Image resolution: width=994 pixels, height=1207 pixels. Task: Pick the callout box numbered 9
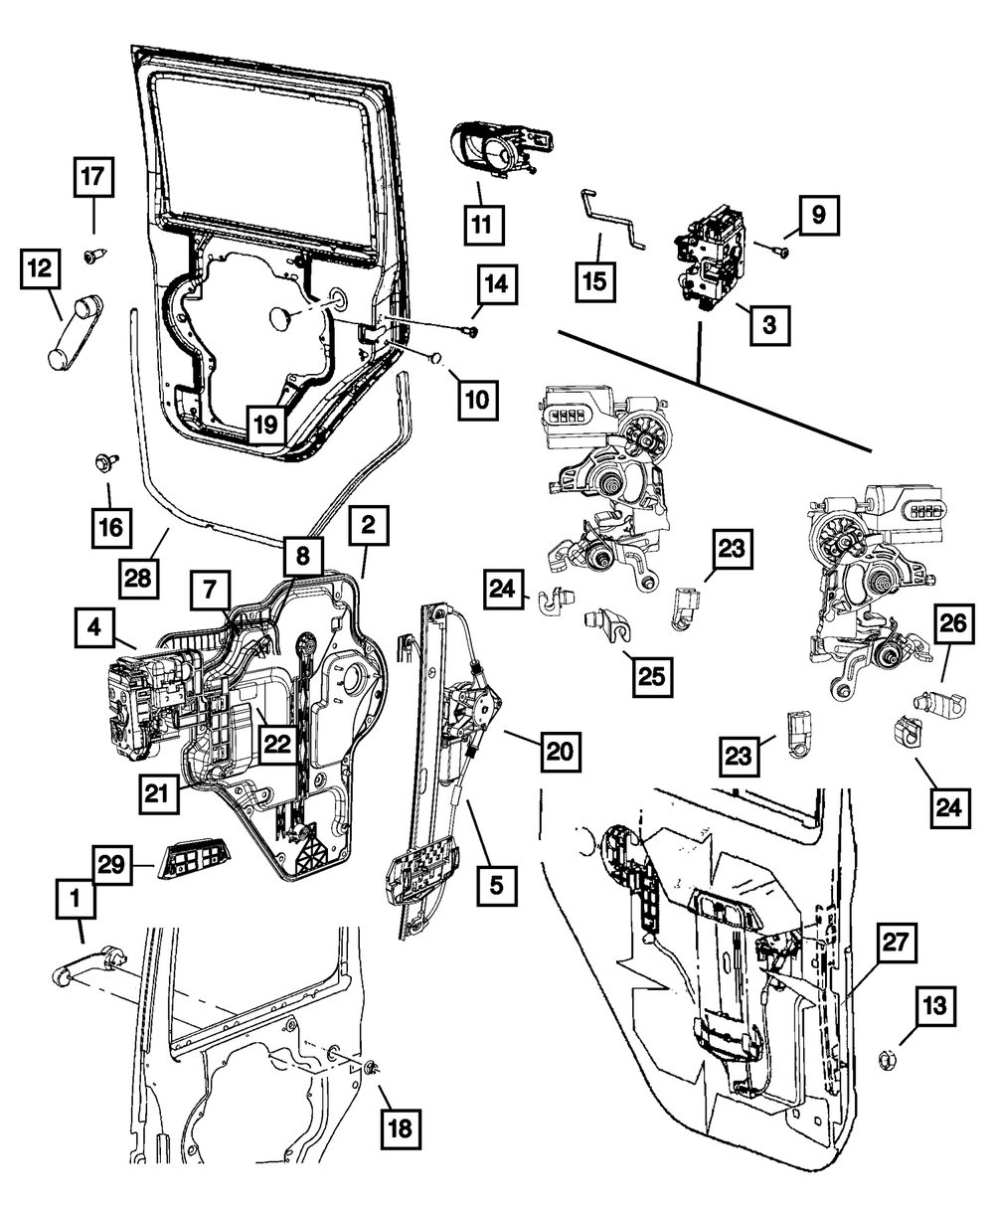click(816, 214)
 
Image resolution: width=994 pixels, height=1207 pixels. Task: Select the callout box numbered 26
click(952, 628)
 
